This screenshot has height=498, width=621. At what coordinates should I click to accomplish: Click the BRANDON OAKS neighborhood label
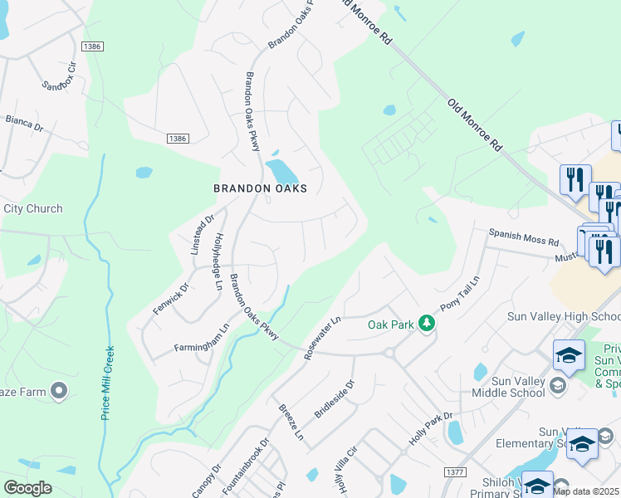[x=260, y=188]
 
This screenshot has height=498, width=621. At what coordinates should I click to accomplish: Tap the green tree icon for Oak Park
[x=427, y=323]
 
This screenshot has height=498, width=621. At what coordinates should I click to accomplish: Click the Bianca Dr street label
[x=23, y=124]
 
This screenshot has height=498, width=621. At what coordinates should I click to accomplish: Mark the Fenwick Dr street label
[x=170, y=300]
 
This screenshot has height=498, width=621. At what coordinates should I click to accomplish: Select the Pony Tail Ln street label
[x=460, y=295]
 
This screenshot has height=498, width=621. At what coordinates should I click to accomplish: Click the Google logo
[x=27, y=487]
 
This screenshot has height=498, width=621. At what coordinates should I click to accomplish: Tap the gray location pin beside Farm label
[x=59, y=389]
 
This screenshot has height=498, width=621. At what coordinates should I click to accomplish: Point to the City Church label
[x=32, y=208]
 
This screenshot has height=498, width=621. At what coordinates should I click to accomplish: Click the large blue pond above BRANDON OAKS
[x=281, y=172]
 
